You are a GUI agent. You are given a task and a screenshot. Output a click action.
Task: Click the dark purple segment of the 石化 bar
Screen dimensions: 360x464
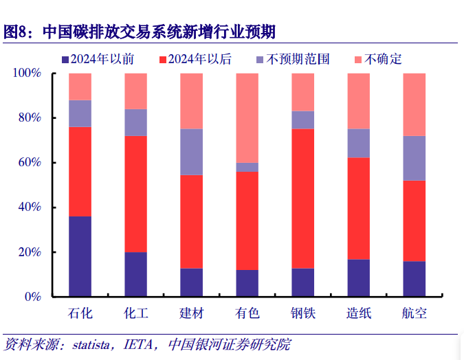pyautogui.click(x=80, y=256)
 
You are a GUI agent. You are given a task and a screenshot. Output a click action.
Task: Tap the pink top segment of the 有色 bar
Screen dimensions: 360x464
pyautogui.click(x=247, y=117)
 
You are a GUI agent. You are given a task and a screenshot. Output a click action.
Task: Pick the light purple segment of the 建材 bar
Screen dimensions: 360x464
pyautogui.click(x=191, y=152)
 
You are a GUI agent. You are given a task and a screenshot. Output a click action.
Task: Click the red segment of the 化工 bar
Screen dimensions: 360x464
pyautogui.click(x=135, y=194)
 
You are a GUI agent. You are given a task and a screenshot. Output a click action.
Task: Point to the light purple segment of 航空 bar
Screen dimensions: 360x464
pyautogui.click(x=414, y=158)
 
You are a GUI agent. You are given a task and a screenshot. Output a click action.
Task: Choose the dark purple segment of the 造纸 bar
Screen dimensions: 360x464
pyautogui.click(x=358, y=278)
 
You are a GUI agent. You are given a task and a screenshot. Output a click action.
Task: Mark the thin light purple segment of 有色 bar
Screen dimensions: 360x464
pyautogui.click(x=247, y=167)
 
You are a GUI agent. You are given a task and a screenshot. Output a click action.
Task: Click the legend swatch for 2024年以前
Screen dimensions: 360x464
pyautogui.click(x=65, y=60)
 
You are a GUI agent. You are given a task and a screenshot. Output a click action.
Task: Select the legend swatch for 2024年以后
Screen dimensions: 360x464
pyautogui.click(x=163, y=60)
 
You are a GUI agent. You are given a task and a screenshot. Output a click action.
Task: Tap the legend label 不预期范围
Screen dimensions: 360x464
pyautogui.click(x=299, y=60)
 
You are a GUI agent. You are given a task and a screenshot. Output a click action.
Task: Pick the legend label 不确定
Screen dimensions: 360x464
pyautogui.click(x=383, y=60)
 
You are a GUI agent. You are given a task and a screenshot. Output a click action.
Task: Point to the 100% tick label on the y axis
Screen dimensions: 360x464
pyautogui.click(x=27, y=74)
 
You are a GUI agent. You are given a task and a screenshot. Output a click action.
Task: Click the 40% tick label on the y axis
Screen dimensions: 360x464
pyautogui.click(x=30, y=207)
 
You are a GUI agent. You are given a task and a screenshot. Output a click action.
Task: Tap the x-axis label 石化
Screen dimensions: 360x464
pyautogui.click(x=80, y=314)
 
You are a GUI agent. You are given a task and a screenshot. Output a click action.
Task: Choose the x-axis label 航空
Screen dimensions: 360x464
pyautogui.click(x=414, y=314)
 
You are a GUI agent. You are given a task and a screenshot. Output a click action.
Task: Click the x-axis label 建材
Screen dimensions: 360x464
pyautogui.click(x=191, y=314)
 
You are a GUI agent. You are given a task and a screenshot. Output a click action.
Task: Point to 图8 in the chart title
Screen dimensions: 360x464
pyautogui.click(x=16, y=32)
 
